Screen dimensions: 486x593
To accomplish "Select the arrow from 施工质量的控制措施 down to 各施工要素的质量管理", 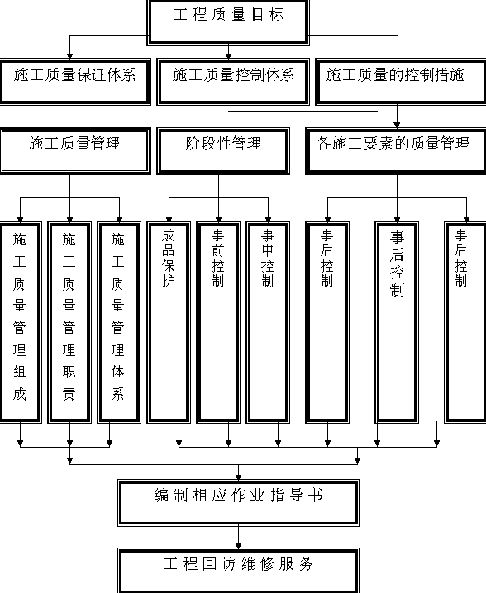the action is pyautogui.click(x=397, y=116).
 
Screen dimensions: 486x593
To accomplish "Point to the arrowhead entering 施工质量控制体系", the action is pyautogui.click(x=228, y=56).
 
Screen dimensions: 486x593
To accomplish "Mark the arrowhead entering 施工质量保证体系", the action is pyautogui.click(x=69, y=56).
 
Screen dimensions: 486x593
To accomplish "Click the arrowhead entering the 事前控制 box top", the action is pyautogui.click(x=218, y=220).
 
